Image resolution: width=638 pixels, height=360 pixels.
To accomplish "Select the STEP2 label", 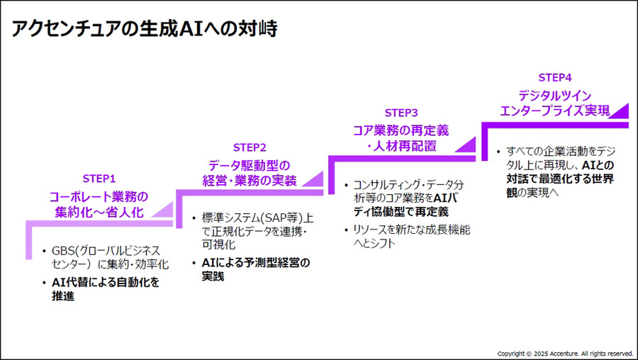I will point(250,147).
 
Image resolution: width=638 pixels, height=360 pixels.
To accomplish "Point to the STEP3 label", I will point(401,113).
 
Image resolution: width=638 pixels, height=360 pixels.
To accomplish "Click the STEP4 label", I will point(555,77).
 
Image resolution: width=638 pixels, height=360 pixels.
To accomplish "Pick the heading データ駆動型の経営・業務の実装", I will point(250,171).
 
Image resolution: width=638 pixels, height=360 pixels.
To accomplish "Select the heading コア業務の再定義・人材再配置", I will point(401,138).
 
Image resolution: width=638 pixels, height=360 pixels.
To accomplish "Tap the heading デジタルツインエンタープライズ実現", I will point(555,103).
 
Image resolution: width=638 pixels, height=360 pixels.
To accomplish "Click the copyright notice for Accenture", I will point(565,352).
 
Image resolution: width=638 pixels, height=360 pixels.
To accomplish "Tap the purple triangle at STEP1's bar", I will point(162,210).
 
